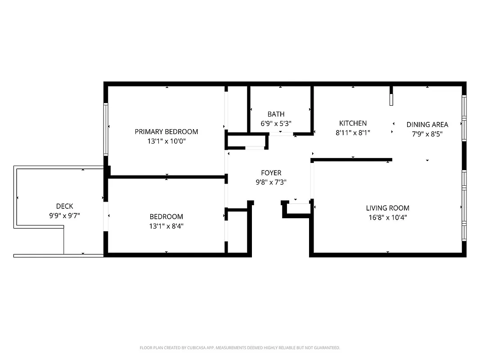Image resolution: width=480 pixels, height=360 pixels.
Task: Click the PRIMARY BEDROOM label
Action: (166, 131)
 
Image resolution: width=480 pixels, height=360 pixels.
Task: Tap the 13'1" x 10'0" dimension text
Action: (166, 141)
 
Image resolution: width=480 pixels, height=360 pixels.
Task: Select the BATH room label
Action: (276, 114)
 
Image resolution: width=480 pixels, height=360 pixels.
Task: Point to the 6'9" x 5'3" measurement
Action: (276, 123)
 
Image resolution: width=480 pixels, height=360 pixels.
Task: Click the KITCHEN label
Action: (353, 123)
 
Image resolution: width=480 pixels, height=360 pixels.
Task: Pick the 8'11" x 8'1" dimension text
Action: (353, 133)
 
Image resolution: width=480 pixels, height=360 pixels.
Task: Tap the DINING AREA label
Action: (427, 125)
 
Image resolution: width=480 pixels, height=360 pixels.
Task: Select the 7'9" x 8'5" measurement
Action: (427, 134)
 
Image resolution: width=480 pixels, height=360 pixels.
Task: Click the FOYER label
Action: (271, 173)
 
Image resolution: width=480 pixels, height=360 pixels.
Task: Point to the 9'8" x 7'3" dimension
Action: (271, 182)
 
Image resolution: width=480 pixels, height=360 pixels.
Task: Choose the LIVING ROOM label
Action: (387, 208)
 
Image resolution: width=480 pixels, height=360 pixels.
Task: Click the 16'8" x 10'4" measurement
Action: (387, 217)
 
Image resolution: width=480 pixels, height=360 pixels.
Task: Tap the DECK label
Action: (65, 206)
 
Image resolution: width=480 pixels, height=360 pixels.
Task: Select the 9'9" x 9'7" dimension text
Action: (65, 216)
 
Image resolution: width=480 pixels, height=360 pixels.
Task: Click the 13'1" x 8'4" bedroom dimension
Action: (166, 226)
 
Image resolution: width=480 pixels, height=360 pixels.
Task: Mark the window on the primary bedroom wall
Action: (106, 129)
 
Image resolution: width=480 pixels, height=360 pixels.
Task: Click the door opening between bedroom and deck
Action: (106, 216)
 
